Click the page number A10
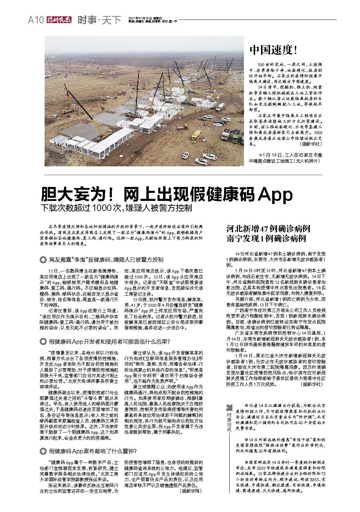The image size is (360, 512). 35,20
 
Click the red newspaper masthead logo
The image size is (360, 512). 58,20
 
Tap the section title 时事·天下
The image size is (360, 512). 99,20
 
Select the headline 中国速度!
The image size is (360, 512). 273,50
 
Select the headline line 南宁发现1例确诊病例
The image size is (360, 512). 266,239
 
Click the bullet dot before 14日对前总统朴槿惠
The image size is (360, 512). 246,438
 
